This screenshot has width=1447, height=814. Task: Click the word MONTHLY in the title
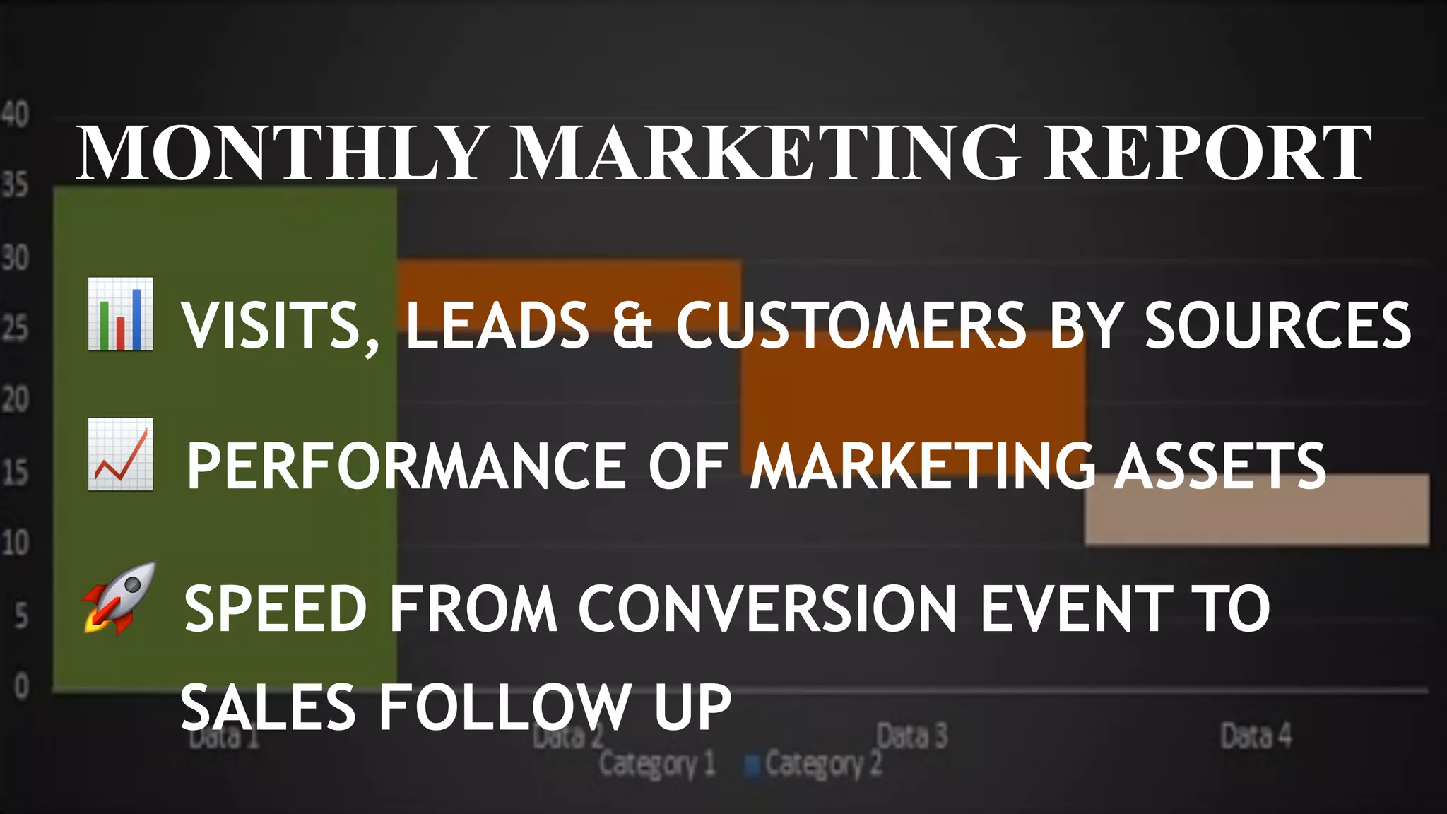pyautogui.click(x=280, y=153)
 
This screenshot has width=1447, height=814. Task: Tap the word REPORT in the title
pyautogui.click(x=1207, y=153)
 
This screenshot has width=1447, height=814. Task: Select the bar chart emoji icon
pyautogui.click(x=120, y=314)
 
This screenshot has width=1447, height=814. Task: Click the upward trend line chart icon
pyautogui.click(x=120, y=454)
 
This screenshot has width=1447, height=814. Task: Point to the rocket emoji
pyautogui.click(x=119, y=598)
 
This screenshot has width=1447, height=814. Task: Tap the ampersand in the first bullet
pyautogui.click(x=632, y=325)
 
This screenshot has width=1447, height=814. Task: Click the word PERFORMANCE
pyautogui.click(x=406, y=466)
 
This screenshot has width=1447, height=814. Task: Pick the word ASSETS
pyautogui.click(x=1219, y=466)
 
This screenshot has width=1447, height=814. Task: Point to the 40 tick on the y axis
pyautogui.click(x=15, y=114)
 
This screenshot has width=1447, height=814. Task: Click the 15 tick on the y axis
pyautogui.click(x=15, y=472)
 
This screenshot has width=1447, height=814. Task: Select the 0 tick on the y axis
pyautogui.click(x=21, y=686)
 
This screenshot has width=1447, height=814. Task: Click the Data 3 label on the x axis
pyautogui.click(x=911, y=736)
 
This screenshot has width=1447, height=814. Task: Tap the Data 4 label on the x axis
pyautogui.click(x=1256, y=736)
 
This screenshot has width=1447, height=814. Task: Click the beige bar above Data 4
pyautogui.click(x=1257, y=509)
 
